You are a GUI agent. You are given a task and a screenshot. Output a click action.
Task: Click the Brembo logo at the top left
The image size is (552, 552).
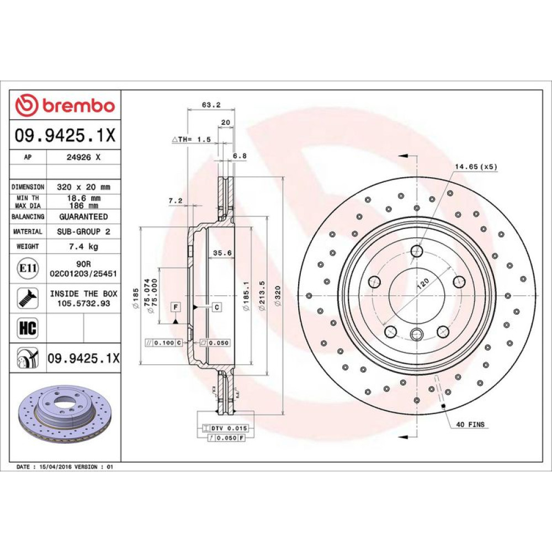(x=65, y=105)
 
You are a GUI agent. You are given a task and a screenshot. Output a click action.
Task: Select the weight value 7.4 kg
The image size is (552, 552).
(x=83, y=246)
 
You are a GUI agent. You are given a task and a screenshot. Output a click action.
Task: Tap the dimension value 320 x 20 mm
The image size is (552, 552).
(x=83, y=187)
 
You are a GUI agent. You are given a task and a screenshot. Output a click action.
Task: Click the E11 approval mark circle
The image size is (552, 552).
(x=28, y=268)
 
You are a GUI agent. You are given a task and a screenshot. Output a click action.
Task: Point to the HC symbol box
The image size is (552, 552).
(x=28, y=328)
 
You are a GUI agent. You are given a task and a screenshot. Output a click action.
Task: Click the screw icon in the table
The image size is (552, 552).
(x=28, y=298)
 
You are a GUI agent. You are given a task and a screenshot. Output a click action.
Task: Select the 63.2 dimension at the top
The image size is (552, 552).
(x=211, y=104)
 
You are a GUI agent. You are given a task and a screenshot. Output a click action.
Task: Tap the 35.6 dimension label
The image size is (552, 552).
(x=222, y=253)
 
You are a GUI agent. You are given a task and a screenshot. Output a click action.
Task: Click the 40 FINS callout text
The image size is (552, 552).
(x=470, y=424)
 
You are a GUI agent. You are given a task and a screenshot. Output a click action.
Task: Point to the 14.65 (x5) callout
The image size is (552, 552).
(x=476, y=167)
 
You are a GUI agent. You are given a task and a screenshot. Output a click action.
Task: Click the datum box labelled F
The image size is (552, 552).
(x=176, y=307)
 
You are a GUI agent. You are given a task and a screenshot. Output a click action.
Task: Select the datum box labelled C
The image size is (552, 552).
(x=217, y=307)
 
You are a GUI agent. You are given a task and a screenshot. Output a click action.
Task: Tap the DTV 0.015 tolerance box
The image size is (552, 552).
(x=226, y=428)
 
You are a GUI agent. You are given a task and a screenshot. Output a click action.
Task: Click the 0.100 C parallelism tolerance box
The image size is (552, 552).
(x=164, y=343)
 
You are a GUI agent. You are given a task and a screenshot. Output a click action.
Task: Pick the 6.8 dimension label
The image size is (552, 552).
(x=240, y=156)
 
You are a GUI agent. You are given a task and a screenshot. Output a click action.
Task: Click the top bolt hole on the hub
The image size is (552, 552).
(x=417, y=251)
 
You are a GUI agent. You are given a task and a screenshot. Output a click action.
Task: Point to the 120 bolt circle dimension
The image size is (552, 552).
(x=422, y=283)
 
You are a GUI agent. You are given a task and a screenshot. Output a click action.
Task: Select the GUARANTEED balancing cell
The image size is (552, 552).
(x=83, y=216)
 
